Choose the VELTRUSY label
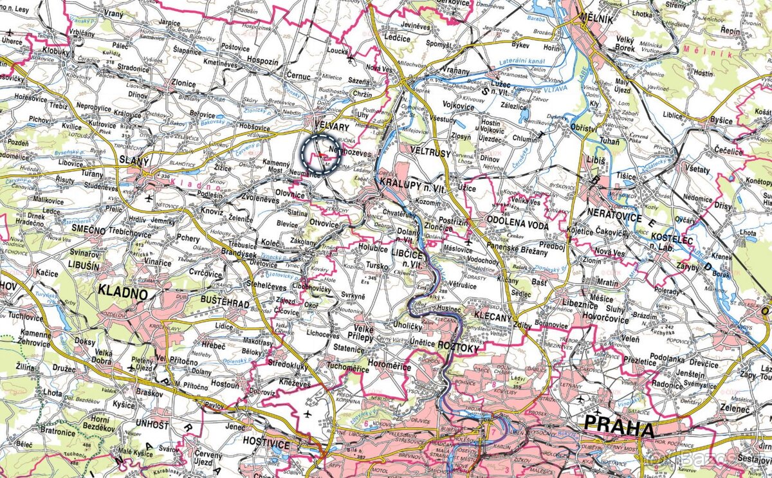pos(425,148)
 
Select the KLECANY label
pos(492,316)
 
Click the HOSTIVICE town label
pos(267,445)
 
